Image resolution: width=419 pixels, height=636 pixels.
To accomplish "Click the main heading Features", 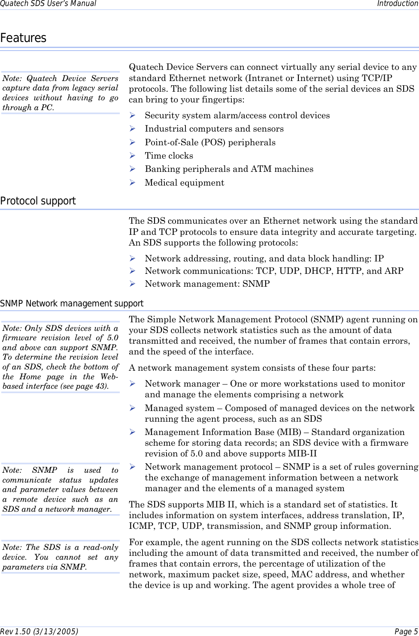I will tap(23, 38).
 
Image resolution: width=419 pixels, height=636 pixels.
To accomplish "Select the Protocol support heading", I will tap(38, 201).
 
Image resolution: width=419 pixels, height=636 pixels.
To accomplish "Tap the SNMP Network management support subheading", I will tap(72, 304).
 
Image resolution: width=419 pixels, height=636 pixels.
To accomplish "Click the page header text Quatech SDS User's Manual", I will tap(48, 4).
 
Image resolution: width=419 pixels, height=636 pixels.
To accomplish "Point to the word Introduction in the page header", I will tap(397, 4).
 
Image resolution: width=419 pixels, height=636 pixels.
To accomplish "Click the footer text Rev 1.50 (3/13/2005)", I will tap(39, 631).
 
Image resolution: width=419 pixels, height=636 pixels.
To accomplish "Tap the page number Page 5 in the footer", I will tap(406, 631).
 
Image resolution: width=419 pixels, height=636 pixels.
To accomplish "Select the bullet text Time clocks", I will tap(169, 156).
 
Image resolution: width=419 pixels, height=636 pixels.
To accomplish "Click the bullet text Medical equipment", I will tap(184, 183).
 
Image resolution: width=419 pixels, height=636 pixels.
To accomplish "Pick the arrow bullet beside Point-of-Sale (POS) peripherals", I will tap(133, 142).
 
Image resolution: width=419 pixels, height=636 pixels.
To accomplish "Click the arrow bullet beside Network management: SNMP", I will tap(133, 284).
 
